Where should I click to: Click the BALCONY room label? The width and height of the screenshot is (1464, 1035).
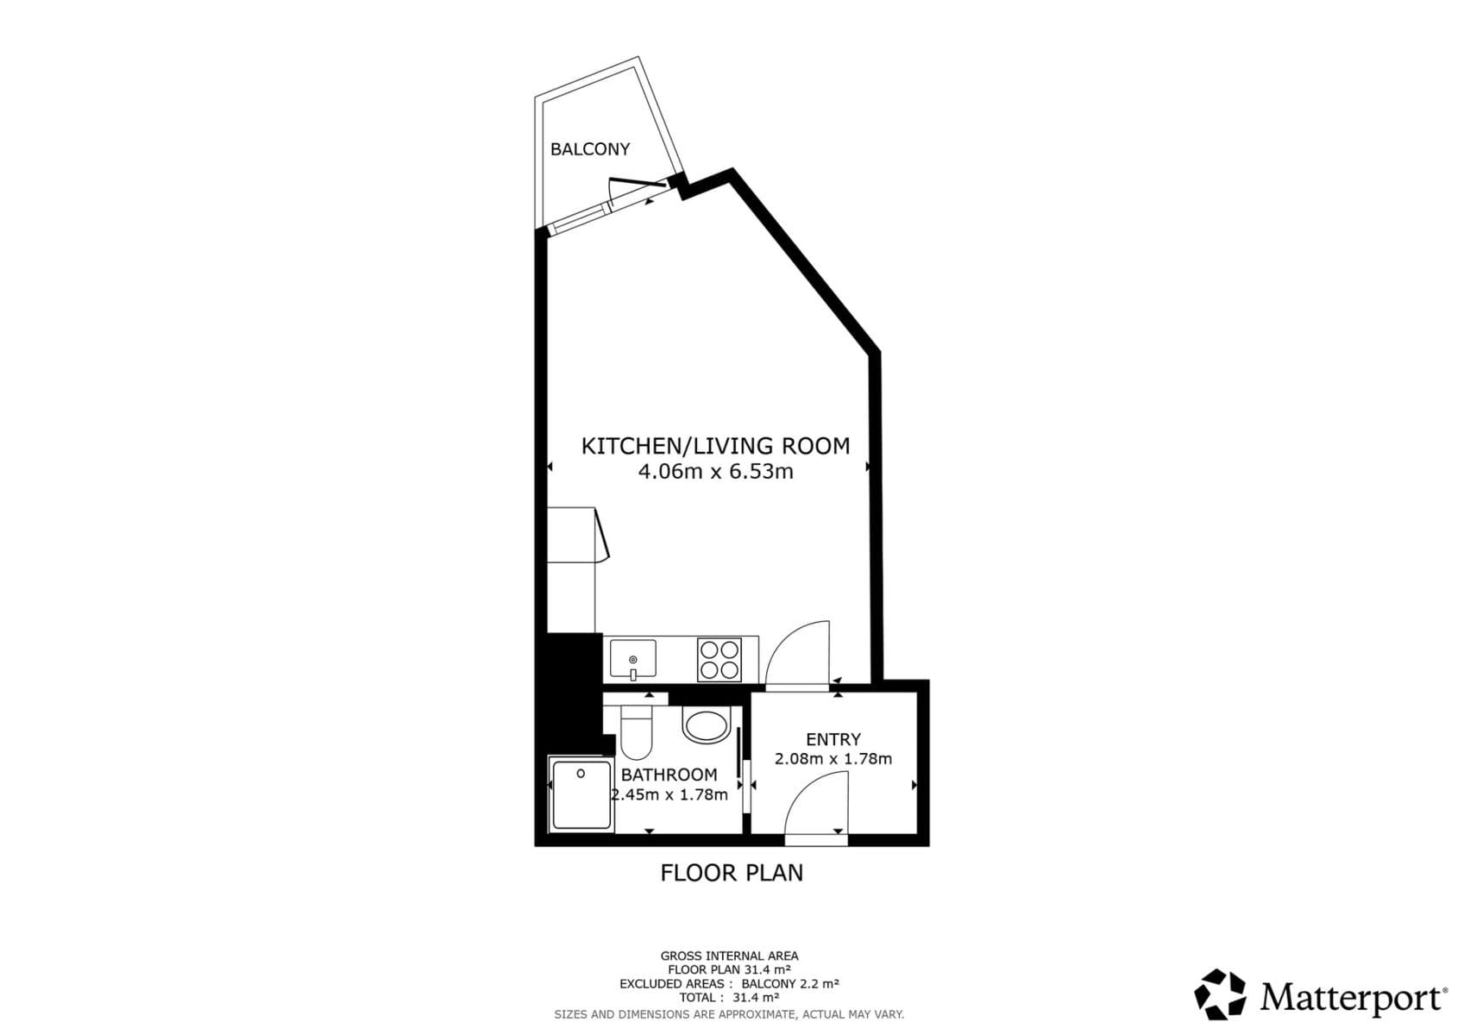590,149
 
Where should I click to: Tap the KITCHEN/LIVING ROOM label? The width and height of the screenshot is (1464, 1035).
715,446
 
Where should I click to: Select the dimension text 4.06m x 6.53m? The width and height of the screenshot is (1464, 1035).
715,472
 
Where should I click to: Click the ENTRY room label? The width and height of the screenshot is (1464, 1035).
833,739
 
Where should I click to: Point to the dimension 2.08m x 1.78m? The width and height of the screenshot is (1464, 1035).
833,759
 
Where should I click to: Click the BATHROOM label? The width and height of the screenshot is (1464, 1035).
669,775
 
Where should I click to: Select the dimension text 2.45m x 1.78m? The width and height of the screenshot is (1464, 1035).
670,794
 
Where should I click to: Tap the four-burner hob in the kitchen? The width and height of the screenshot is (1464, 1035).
719,660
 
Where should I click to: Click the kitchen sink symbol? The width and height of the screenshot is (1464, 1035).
633,659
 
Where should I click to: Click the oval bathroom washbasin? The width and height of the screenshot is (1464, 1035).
706,724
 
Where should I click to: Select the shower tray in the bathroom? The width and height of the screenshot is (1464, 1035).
581,794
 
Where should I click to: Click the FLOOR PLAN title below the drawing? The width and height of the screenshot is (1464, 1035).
732,873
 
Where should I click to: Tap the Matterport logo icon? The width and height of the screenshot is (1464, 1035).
1220,994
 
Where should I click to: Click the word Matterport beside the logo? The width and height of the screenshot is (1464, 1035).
1352,998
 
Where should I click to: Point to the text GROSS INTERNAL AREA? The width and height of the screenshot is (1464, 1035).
729,956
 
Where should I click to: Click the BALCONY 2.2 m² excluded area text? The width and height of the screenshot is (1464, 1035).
790,983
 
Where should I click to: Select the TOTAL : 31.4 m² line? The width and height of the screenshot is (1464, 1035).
729,997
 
